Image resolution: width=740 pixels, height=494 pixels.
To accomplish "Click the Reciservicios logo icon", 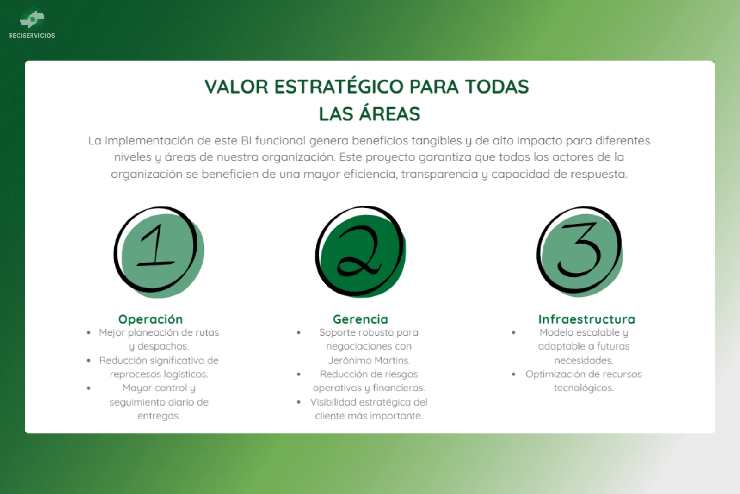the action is tap(32, 19).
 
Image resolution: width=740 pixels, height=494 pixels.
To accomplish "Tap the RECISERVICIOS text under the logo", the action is tap(32, 35).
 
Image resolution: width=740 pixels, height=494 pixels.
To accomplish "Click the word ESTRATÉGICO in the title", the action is tap(339, 86).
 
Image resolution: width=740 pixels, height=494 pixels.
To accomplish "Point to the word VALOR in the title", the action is tap(236, 87).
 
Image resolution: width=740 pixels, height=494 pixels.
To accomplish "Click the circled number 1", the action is tap(159, 252).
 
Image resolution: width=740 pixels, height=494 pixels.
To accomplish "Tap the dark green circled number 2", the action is tap(360, 252).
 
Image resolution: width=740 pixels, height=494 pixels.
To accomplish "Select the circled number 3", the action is tap(580, 251).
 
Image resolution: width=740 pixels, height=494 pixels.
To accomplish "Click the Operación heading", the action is tap(150, 319).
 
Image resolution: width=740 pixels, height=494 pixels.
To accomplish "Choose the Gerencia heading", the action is tap(360, 319).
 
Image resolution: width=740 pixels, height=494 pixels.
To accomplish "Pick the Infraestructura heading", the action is tap(587, 319).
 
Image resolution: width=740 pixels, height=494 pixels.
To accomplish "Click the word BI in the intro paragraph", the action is tap(246, 141).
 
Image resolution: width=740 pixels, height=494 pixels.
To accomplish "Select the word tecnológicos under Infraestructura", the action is tap(584, 388).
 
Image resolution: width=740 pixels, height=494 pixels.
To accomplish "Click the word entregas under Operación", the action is tap(159, 416).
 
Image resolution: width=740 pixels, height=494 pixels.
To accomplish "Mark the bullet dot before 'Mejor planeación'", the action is tap(88, 332).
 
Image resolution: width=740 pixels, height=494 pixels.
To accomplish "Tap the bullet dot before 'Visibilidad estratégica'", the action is tap(299, 402).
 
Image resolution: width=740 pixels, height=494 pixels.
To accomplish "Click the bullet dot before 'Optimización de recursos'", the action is tap(513, 374).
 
